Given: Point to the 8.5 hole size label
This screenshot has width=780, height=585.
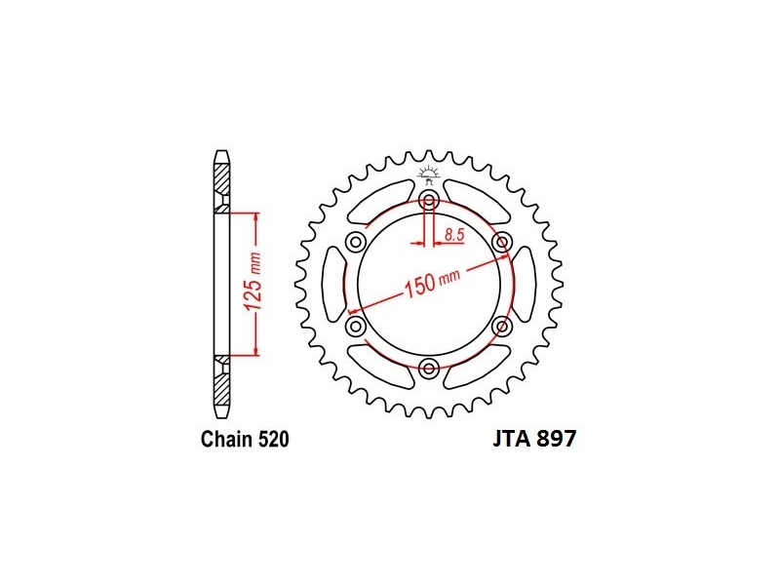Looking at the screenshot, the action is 454,234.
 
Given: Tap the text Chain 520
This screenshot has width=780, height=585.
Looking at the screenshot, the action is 245,440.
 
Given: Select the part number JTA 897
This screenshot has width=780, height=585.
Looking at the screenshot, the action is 534,439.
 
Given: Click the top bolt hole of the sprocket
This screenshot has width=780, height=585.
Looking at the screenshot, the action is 428,202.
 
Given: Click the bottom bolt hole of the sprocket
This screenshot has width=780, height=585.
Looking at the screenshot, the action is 428,369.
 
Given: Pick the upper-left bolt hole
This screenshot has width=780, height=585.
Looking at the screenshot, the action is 356,243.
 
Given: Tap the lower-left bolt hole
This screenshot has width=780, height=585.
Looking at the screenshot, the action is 356,327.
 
